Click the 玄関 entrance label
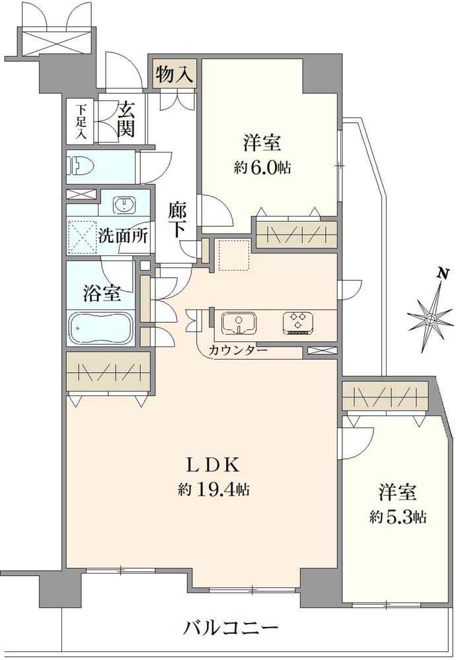tap(126, 119)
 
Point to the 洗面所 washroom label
tap(123, 236)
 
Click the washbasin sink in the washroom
tap(123, 205)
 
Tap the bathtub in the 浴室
tap(101, 327)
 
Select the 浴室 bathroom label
tap(101, 293)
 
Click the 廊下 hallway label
tap(176, 221)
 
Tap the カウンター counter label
tap(238, 350)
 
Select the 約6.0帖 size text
tap(262, 168)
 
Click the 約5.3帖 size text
tap(397, 517)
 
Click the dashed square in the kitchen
tap(233, 255)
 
